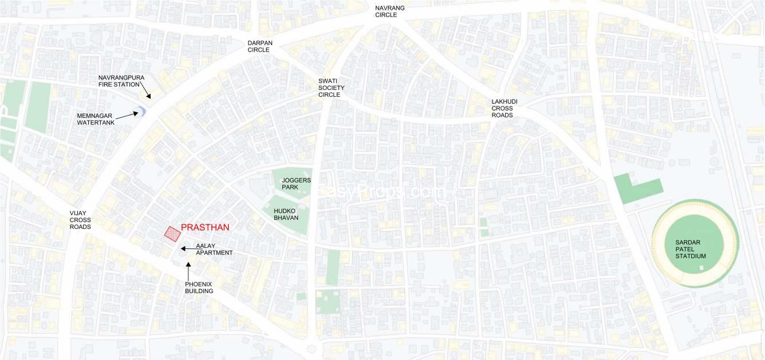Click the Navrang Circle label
tap(389, 11)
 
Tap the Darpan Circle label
tap(259, 46)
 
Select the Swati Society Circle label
tap(332, 88)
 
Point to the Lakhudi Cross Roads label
tap(504, 108)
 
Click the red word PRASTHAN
tap(205, 227)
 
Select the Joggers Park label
tap(296, 184)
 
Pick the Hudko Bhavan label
tap(286, 214)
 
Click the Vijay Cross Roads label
tap(80, 220)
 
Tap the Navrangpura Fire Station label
tap(119, 81)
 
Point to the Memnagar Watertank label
tap(96, 119)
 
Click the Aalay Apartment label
tap(214, 249)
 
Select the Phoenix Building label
tap(199, 287)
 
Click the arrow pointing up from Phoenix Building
tap(188, 270)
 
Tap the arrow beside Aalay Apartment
tap(187, 249)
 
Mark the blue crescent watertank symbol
tap(143, 111)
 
